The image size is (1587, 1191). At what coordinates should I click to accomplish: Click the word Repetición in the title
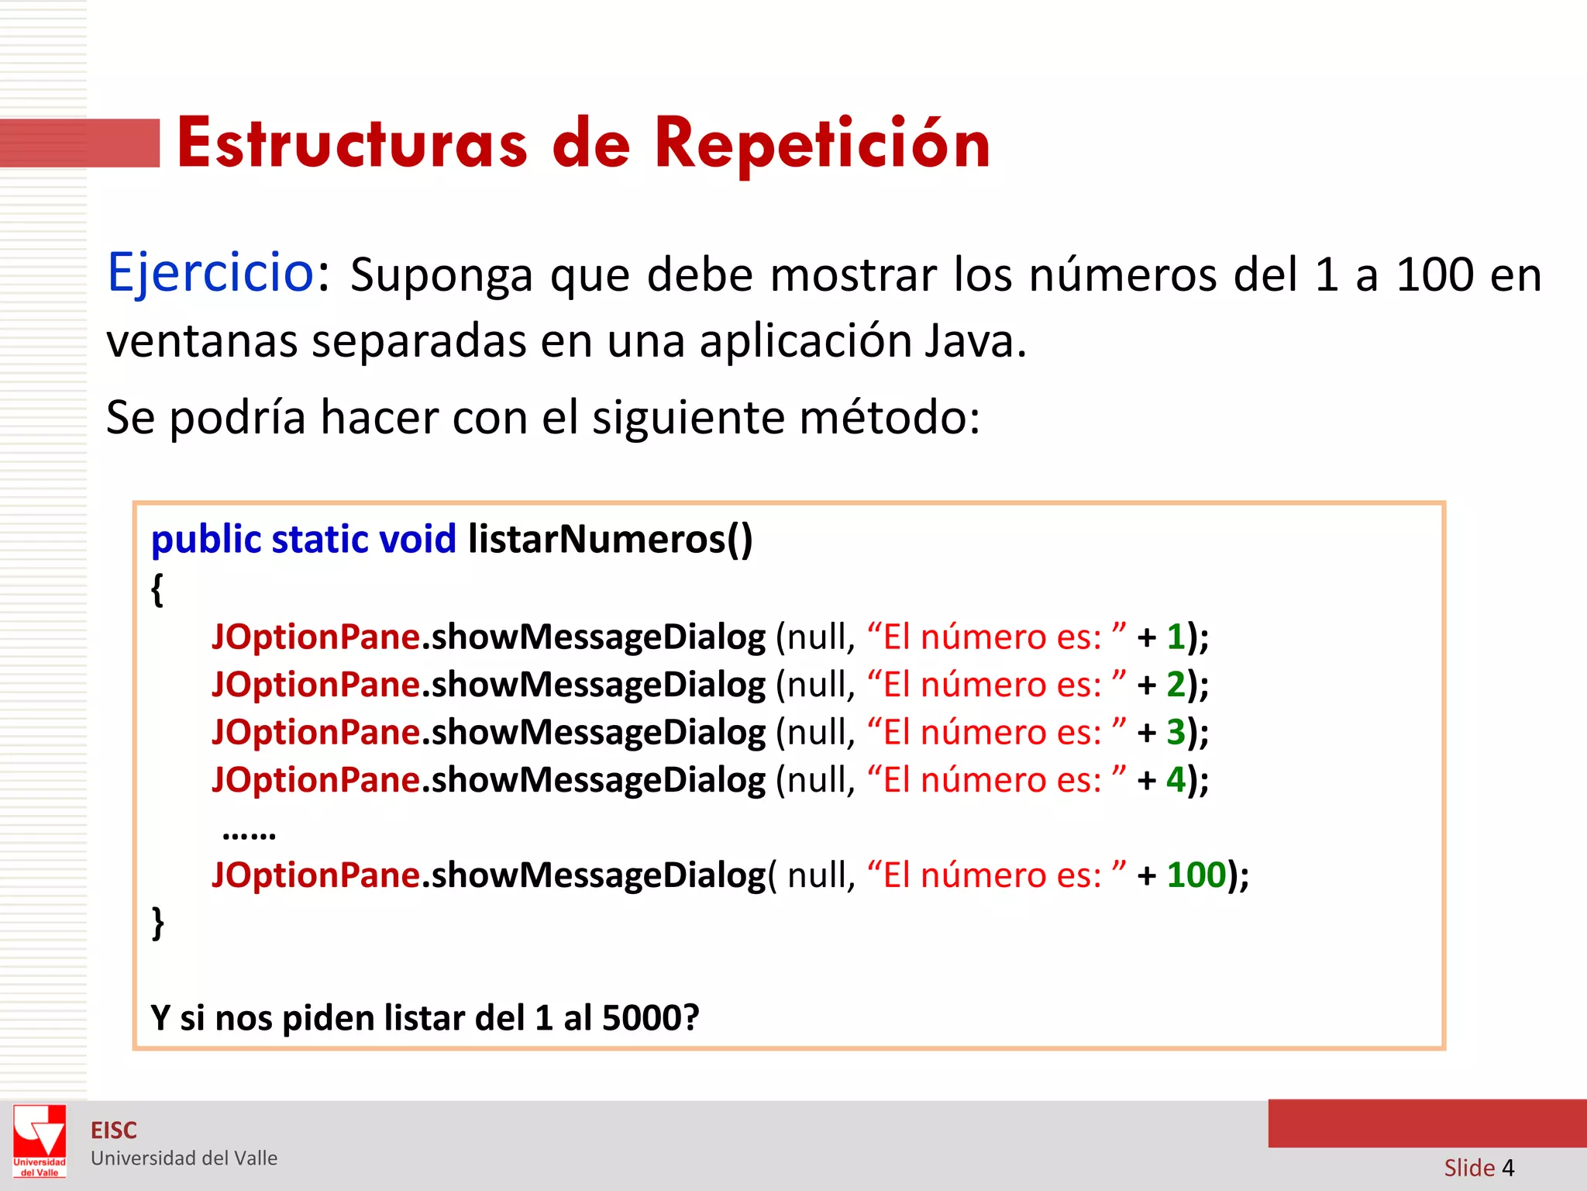(x=822, y=145)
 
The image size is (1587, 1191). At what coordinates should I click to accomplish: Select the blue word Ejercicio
(x=210, y=274)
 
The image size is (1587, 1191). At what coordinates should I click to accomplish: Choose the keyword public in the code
(x=206, y=539)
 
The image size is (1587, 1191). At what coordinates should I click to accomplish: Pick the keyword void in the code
(x=418, y=539)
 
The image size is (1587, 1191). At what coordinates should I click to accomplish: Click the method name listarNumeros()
(x=610, y=539)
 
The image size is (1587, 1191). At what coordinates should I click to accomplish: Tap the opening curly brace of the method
(x=157, y=589)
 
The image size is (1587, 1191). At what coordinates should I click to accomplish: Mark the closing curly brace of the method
(x=157, y=923)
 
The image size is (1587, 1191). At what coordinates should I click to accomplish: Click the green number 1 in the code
(x=1176, y=637)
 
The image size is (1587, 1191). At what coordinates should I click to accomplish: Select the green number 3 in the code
(x=1176, y=732)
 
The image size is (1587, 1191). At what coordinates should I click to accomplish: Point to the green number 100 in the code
(x=1196, y=875)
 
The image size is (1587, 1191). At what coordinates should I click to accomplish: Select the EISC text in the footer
(x=114, y=1131)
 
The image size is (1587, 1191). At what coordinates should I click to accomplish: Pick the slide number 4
(x=1508, y=1168)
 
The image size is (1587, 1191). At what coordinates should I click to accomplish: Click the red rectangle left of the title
(x=80, y=143)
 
